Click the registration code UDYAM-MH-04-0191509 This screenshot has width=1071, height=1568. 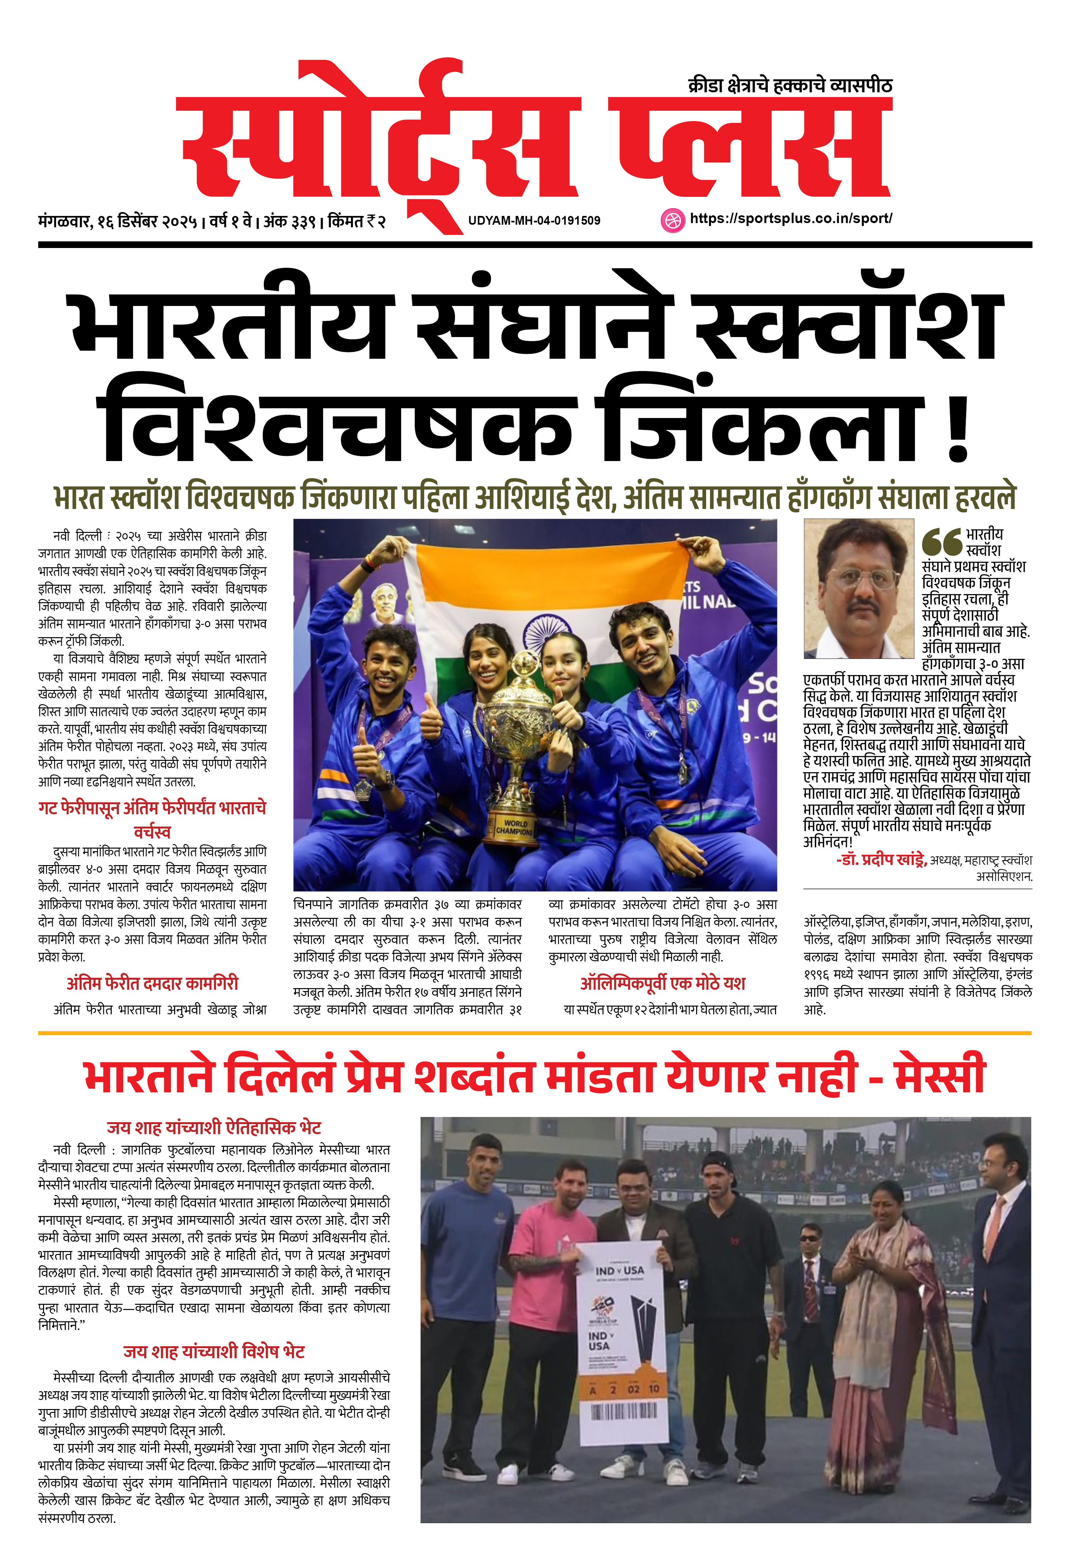tap(534, 220)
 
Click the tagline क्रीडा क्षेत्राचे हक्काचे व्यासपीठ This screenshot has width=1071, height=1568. tap(790, 86)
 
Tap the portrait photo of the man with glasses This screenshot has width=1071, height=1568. tap(858, 588)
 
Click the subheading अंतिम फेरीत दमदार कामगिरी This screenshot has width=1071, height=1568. tap(152, 983)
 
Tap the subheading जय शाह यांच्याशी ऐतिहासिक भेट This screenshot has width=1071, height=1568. tap(214, 1127)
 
